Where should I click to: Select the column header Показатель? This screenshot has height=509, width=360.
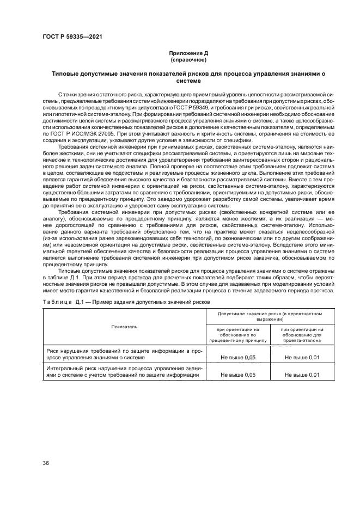pos(124,327)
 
